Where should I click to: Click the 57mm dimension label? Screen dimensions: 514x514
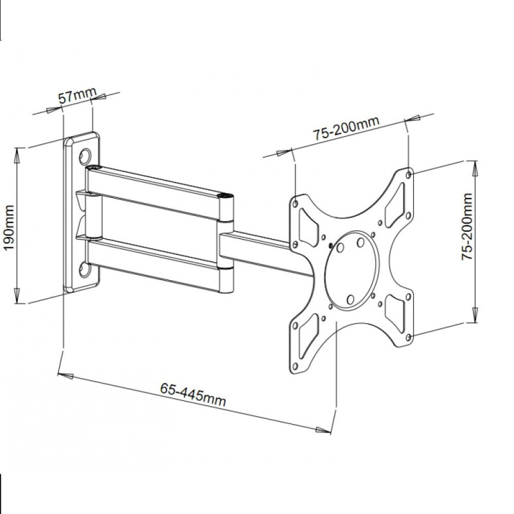point(77,95)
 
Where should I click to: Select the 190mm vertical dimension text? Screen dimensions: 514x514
point(9,228)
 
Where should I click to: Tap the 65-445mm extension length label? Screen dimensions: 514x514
point(193,394)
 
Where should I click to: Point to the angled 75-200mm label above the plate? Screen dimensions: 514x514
point(346,128)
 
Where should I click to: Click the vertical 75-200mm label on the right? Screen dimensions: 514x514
point(467,227)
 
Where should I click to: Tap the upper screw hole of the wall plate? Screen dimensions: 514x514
point(85,156)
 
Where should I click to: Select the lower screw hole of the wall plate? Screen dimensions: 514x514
point(85,269)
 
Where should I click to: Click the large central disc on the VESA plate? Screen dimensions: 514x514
point(351,270)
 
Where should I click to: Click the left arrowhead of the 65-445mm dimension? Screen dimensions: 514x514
point(66,375)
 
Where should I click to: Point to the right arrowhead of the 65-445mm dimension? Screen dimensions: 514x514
point(323,430)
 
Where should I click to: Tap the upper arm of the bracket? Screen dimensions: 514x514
point(159,193)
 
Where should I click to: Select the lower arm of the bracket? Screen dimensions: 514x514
point(159,265)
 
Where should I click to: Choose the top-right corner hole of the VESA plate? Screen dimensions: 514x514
point(409,175)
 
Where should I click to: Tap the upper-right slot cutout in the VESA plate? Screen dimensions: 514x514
point(394,205)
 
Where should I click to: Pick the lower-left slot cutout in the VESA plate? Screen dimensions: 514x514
point(308,337)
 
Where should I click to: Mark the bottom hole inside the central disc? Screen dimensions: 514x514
point(350,299)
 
